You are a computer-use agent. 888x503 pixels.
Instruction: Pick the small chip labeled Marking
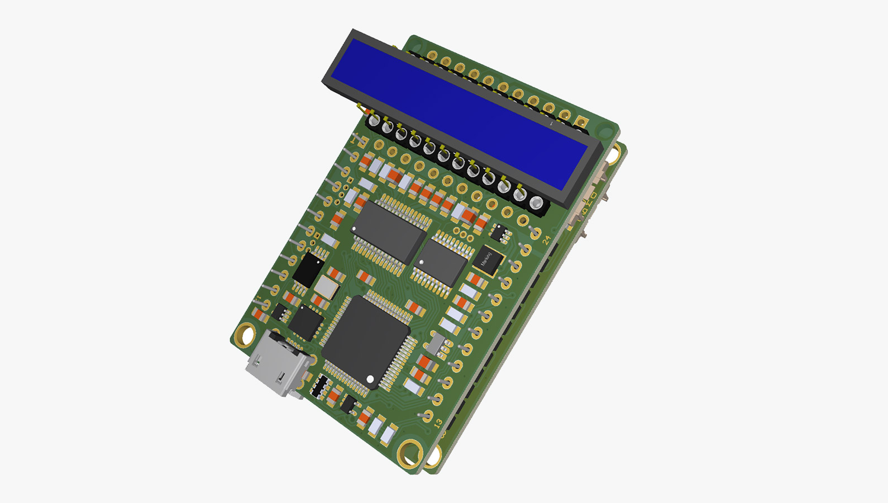(x=488, y=260)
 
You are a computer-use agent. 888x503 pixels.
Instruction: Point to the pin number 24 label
(x=547, y=239)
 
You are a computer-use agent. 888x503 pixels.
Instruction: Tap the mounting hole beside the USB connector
(x=245, y=335)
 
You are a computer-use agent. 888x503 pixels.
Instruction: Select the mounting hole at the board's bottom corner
(x=410, y=451)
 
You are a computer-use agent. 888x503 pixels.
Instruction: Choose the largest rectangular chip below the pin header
(x=389, y=232)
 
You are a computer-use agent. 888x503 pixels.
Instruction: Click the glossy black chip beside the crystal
(x=308, y=270)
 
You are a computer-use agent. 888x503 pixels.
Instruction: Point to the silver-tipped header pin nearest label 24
(x=536, y=203)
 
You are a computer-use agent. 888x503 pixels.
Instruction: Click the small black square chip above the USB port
(x=305, y=323)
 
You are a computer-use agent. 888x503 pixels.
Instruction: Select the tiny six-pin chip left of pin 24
(x=501, y=233)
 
